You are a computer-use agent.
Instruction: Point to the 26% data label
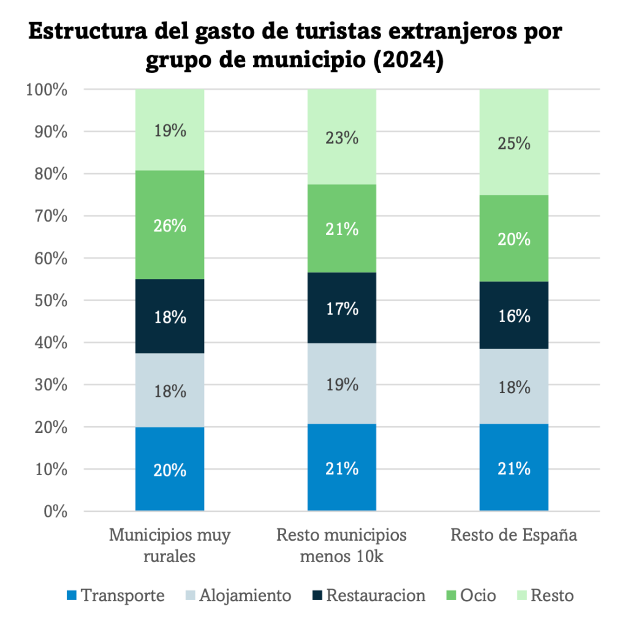[x=170, y=225]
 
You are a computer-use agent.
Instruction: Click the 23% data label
[x=341, y=138]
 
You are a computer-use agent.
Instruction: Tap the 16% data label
[x=513, y=316]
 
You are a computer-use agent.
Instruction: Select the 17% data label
[x=341, y=309]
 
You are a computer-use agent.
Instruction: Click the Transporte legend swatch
[x=71, y=596]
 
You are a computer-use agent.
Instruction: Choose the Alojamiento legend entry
[x=237, y=596]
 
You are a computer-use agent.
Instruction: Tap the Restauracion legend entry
[x=368, y=596]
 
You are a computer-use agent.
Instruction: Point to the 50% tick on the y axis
[x=47, y=301]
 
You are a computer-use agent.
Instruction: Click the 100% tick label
[x=47, y=90]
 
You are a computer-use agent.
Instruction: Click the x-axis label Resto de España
[x=513, y=535]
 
